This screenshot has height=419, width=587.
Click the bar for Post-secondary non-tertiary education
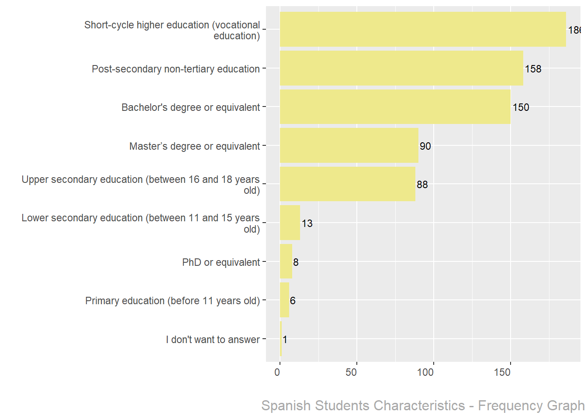click(401, 68)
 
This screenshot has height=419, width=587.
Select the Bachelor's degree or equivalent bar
click(395, 107)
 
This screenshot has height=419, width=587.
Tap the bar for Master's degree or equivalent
click(349, 145)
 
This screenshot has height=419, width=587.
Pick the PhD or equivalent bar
click(286, 261)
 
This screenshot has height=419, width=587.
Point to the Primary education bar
click(284, 300)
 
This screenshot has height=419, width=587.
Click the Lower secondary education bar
click(290, 223)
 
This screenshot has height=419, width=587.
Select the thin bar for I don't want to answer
click(281, 339)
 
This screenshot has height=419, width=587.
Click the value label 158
click(533, 69)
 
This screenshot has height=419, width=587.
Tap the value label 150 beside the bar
click(521, 107)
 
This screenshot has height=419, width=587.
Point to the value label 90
click(425, 146)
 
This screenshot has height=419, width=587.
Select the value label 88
click(422, 185)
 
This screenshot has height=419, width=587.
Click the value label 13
click(307, 223)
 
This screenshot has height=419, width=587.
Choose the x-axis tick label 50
click(351, 373)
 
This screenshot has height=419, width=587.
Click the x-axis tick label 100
click(425, 373)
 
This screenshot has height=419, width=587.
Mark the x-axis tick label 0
click(277, 373)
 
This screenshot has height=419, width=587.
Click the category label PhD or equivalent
click(221, 262)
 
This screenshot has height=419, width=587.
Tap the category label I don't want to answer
click(213, 340)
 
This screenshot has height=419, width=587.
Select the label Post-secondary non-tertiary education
click(176, 69)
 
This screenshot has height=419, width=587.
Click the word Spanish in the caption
click(286, 406)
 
